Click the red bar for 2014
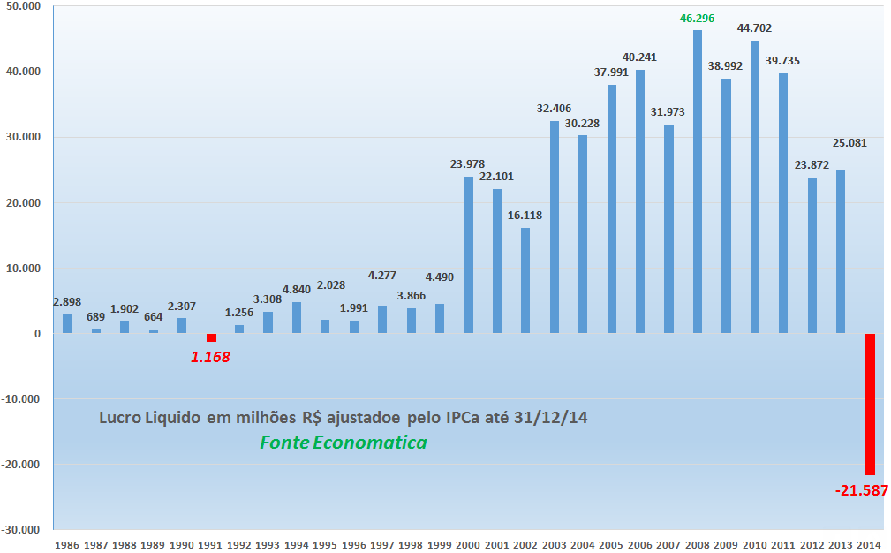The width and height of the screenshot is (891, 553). (x=870, y=405)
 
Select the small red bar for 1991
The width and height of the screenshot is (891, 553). (x=211, y=338)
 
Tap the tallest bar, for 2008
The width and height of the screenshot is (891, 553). (x=698, y=182)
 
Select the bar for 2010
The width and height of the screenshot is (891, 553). (x=755, y=187)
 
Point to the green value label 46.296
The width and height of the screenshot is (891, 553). (x=698, y=18)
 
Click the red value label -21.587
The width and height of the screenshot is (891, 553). (x=861, y=490)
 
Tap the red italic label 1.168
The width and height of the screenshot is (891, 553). (x=210, y=358)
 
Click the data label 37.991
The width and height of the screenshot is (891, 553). (x=612, y=72)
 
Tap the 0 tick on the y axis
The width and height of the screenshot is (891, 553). (x=37, y=334)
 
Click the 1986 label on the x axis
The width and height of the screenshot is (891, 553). (x=67, y=544)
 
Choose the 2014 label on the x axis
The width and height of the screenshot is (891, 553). (x=870, y=544)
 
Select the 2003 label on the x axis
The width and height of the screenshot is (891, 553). (x=555, y=544)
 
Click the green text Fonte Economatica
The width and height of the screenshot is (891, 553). (x=344, y=443)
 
